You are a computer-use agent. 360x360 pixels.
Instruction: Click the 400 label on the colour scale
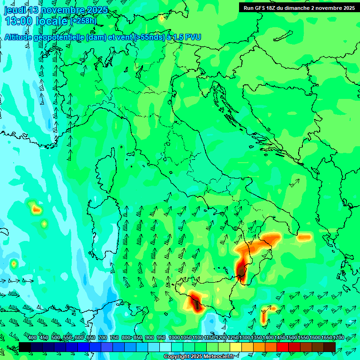(32, 337)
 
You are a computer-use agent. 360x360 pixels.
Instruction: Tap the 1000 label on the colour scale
(174, 337)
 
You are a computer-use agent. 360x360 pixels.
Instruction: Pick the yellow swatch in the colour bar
(236, 347)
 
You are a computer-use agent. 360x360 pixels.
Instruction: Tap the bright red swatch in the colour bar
(283, 347)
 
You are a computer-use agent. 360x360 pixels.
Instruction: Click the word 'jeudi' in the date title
(15, 10)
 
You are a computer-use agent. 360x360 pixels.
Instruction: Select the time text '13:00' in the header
(19, 21)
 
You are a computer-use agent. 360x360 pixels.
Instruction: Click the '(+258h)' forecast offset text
(83, 21)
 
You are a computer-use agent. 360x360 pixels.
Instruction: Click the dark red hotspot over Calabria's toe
(241, 270)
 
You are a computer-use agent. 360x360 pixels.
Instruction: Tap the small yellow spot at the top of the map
(162, 18)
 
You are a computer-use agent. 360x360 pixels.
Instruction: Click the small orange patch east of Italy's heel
(304, 237)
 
